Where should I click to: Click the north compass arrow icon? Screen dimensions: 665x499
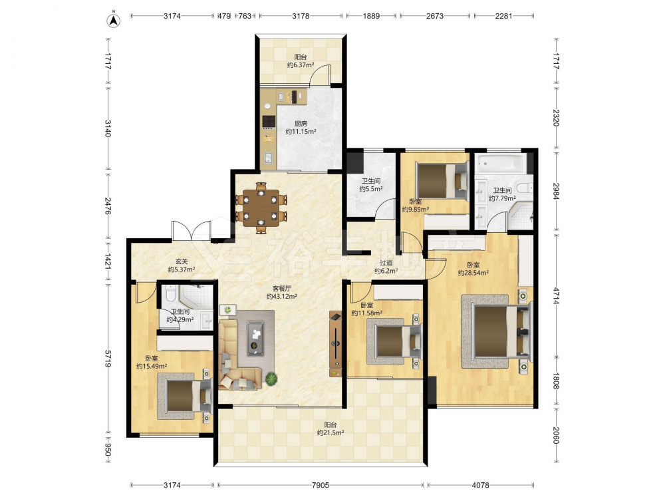pos(113,21)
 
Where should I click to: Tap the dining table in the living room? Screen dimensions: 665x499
pos(261,208)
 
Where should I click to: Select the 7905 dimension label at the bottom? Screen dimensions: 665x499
pos(321,484)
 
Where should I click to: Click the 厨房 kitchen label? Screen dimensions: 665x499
pos(301,124)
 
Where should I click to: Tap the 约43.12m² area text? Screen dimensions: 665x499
pos(281,297)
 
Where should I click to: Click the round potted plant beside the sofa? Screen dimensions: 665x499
pos(271,379)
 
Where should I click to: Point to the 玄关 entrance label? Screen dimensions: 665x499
pos(182,261)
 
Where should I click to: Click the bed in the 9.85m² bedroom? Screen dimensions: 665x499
pos(441,181)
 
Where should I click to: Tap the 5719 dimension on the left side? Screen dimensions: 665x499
pos(108,359)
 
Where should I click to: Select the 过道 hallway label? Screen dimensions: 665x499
pos(386,263)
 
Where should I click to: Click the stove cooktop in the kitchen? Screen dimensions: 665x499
pos(269,122)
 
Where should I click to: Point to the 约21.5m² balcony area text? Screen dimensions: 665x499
pos(331,433)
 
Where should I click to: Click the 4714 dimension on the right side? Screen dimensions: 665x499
pos(556,296)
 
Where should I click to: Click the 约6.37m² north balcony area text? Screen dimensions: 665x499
pos(301,65)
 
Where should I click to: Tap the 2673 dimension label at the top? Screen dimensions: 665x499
pos(435,16)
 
